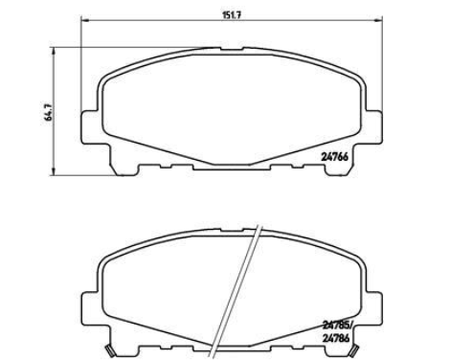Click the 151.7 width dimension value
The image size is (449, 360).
click(x=231, y=15)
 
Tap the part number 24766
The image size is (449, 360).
click(x=334, y=157)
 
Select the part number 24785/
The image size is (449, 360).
click(x=337, y=326)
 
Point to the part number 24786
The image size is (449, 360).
click(x=336, y=338)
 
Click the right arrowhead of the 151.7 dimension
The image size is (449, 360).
click(x=378, y=21)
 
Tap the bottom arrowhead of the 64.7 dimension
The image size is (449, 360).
click(x=55, y=171)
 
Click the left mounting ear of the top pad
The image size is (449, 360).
click(x=90, y=126)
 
